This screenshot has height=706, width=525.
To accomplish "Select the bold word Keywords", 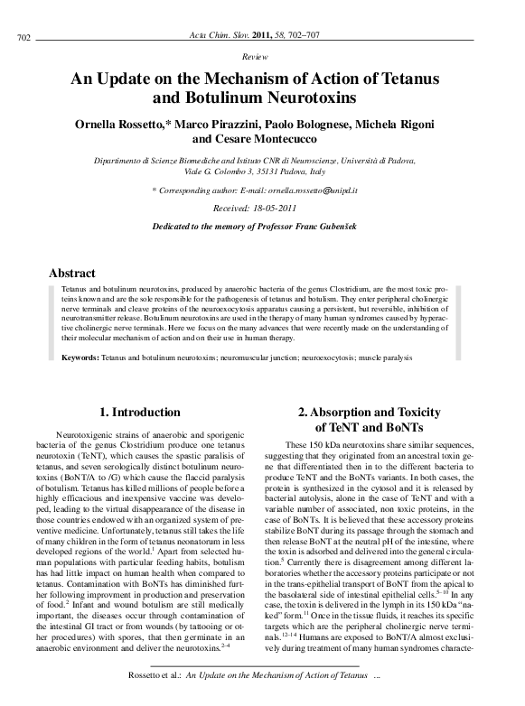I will [74, 358].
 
